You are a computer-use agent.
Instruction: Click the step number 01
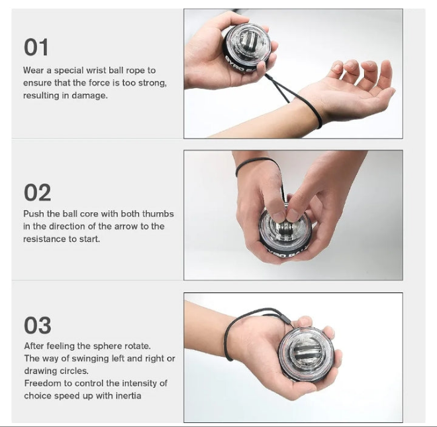[36, 47]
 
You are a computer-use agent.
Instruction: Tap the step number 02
[37, 192]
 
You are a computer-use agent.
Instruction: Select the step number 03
[37, 325]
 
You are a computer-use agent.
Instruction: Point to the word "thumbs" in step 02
[158, 213]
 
